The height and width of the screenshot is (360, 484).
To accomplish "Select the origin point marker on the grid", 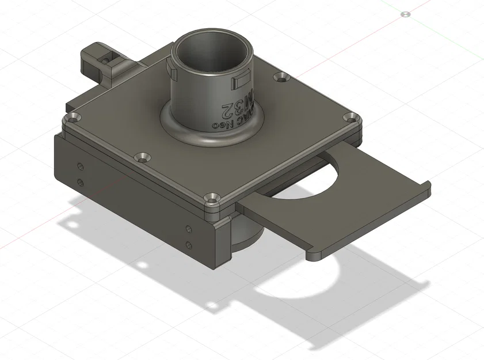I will coord(406,13).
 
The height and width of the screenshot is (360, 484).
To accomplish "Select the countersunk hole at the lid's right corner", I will coord(349,118).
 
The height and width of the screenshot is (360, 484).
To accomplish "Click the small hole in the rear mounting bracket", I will coord(105,58).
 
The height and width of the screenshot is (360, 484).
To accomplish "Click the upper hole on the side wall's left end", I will coord(80,166).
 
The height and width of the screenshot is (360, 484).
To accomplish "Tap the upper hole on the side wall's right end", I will coord(188,229).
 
